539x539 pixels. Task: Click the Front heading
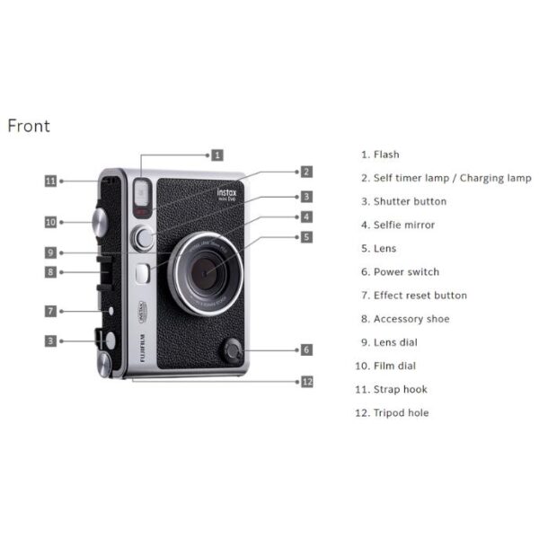tap(29, 126)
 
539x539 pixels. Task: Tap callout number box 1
tap(217, 155)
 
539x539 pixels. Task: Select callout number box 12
tap(307, 382)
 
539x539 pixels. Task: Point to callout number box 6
tap(306, 350)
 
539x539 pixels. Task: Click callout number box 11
tap(50, 181)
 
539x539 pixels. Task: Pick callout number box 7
tap(50, 311)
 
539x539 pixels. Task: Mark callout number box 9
tap(50, 252)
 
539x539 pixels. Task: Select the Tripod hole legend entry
tap(392, 412)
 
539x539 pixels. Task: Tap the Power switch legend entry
tap(400, 272)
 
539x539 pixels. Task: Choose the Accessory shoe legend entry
tap(405, 319)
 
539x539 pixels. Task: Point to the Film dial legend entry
tap(385, 366)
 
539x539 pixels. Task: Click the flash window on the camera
tap(142, 193)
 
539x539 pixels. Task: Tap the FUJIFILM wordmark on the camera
tap(143, 348)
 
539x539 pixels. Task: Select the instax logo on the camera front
tap(227, 195)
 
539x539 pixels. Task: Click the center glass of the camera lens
tap(204, 273)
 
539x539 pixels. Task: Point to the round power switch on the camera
tap(234, 351)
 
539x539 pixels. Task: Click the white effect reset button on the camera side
tap(110, 311)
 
